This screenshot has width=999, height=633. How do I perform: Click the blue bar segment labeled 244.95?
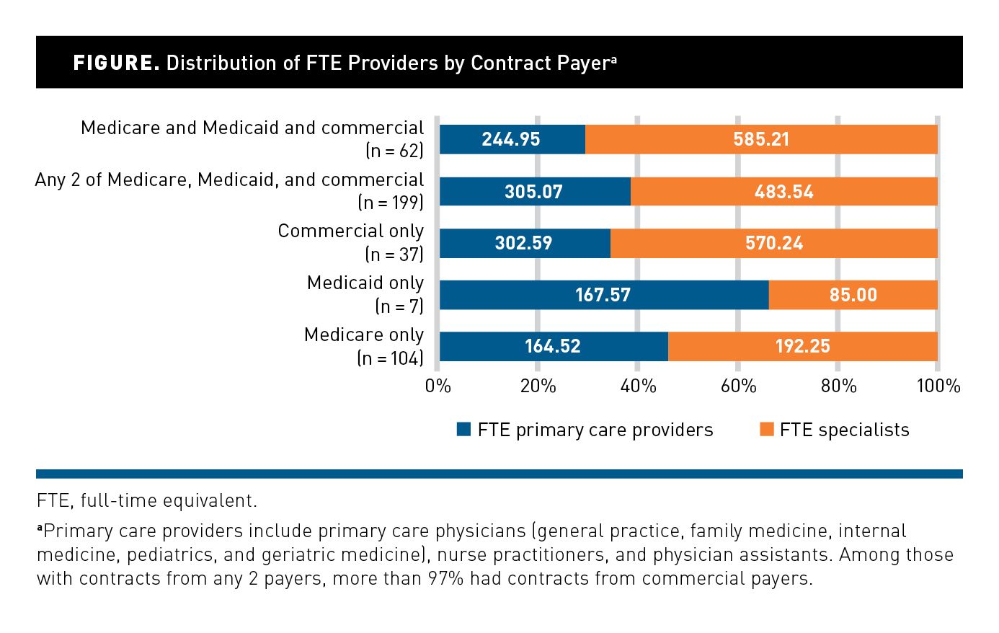point(512,139)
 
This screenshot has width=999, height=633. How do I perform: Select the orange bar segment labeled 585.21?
point(761,139)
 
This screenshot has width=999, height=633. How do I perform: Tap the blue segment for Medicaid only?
point(603,295)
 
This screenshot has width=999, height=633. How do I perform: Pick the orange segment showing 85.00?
point(853,295)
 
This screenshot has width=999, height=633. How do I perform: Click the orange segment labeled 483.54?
point(783,192)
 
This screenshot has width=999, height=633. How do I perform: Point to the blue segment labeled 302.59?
point(524,243)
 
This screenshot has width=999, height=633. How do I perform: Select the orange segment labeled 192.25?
point(802,347)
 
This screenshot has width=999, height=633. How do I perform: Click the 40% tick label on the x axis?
point(638,386)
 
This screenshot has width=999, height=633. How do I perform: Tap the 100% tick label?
point(938,386)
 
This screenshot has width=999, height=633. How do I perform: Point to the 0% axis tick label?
point(438,386)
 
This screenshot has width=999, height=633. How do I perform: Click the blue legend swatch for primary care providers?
point(464,430)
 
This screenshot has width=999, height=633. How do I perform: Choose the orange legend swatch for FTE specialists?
point(766,430)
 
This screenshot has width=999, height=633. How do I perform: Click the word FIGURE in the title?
point(116,63)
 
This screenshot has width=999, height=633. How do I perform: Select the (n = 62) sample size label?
point(394,151)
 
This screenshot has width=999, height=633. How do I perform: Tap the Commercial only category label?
point(351,231)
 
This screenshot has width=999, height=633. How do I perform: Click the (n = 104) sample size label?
point(390,358)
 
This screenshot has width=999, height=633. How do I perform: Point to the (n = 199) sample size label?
point(390,203)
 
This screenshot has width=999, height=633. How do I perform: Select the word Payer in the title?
point(583,63)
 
